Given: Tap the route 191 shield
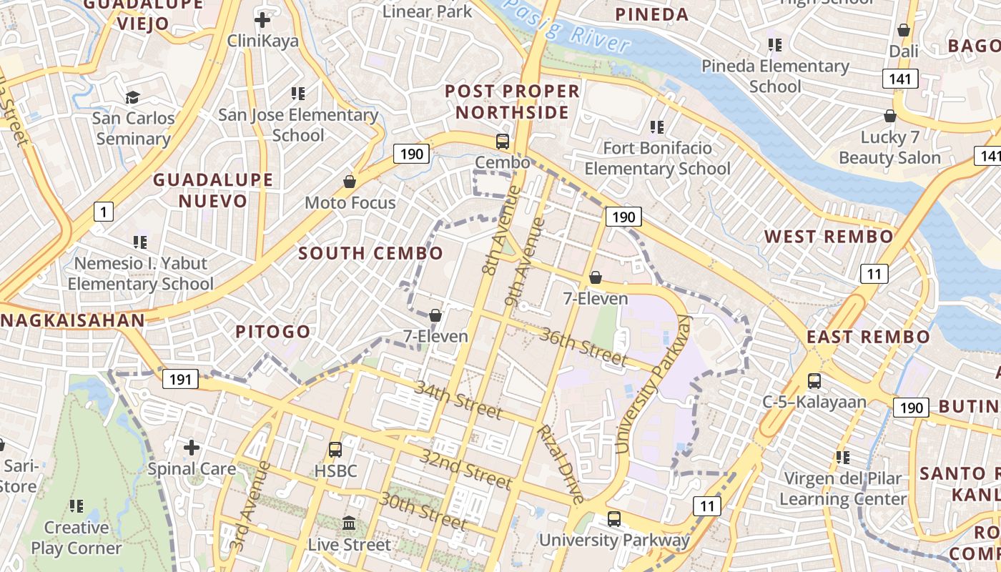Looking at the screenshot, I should [179, 379].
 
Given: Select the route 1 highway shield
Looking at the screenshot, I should [104, 211].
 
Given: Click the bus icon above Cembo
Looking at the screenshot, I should [503, 142].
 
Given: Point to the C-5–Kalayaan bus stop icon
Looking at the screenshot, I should [814, 381].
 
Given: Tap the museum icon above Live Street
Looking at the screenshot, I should [350, 523].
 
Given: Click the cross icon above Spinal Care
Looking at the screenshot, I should [191, 448].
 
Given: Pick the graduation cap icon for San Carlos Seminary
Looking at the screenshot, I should [133, 97].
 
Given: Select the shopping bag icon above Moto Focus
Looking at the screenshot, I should [350, 182].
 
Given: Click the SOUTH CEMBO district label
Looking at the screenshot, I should [370, 253].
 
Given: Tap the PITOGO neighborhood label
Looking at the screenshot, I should [272, 332].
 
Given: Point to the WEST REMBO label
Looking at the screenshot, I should [829, 237].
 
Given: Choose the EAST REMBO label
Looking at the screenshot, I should [868, 337].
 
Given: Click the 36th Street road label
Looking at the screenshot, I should [583, 346].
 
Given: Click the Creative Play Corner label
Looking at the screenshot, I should [76, 538].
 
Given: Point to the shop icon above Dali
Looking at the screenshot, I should [904, 31].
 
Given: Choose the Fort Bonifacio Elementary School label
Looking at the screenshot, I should [658, 158].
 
